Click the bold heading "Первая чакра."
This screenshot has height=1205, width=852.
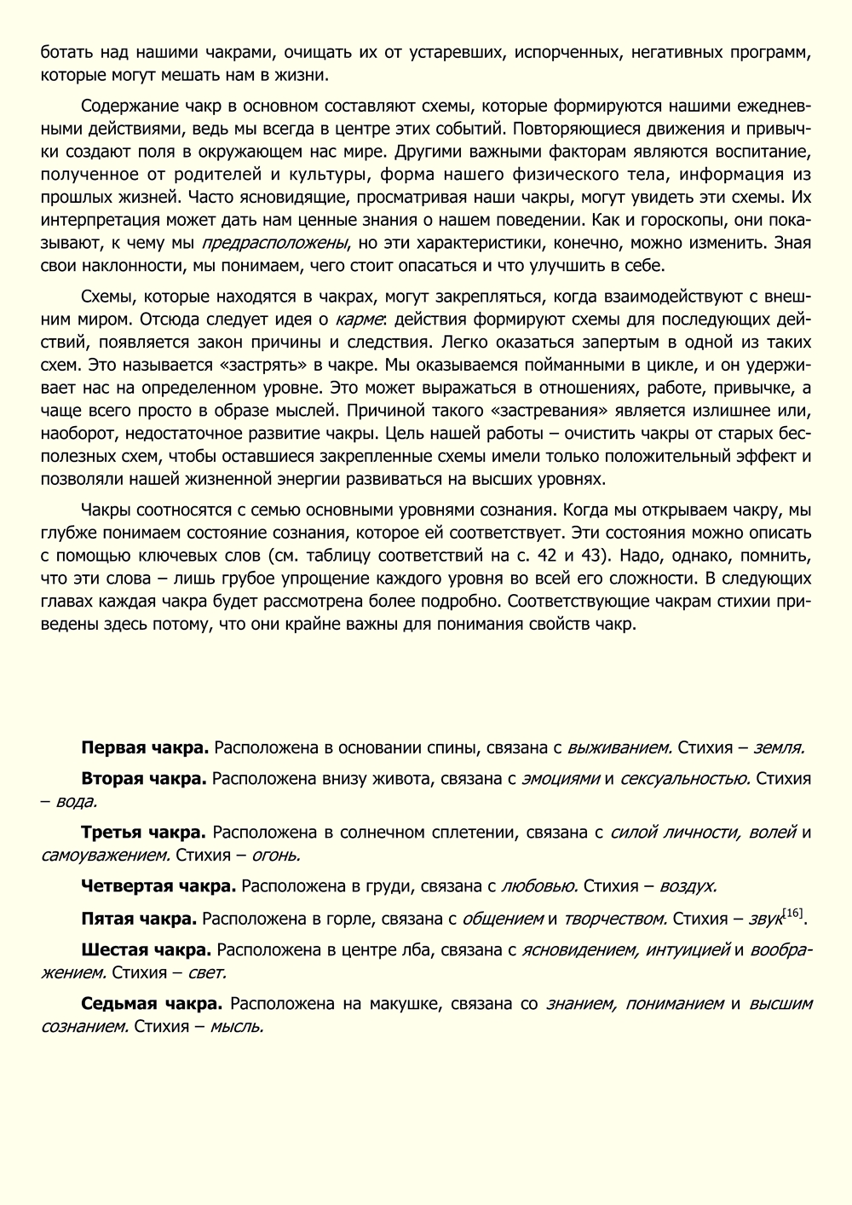(145, 748)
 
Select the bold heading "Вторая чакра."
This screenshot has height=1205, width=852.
(144, 778)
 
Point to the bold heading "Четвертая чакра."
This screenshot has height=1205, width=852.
(158, 886)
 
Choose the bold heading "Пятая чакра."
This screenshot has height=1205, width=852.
(139, 918)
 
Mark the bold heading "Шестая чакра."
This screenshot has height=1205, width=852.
(147, 948)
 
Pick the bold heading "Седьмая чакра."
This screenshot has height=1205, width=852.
(153, 1003)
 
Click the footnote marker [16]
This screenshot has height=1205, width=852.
(792, 913)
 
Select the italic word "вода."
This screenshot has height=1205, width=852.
(77, 801)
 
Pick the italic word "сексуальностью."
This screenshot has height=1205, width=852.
(685, 778)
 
